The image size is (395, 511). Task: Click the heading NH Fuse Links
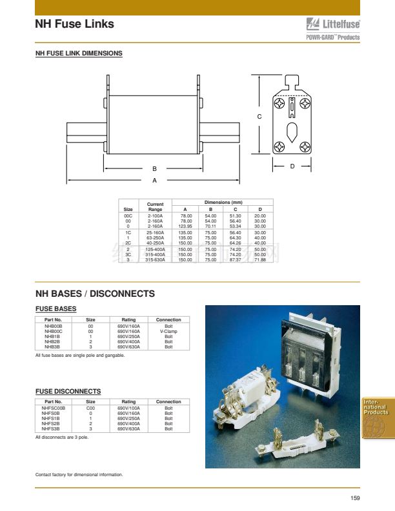click(74, 24)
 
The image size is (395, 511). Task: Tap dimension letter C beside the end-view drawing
click(259, 117)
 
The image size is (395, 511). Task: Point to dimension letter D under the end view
click(292, 166)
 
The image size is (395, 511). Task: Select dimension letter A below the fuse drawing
click(154, 180)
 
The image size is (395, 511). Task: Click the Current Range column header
click(155, 206)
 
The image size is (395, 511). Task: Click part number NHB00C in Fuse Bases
click(53, 332)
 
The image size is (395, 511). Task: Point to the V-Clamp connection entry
click(168, 332)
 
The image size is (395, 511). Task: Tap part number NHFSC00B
click(54, 408)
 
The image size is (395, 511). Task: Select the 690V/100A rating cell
click(128, 408)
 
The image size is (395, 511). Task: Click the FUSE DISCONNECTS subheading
click(68, 392)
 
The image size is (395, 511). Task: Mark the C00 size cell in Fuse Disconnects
click(91, 408)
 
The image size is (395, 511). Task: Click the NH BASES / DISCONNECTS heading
click(95, 294)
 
